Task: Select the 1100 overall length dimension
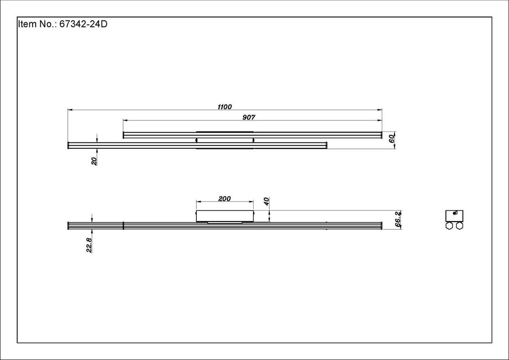coord(224,107)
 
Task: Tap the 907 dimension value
coord(249,117)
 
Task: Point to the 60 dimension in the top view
coord(392,138)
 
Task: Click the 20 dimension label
coord(94,160)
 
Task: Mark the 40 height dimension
coord(266,201)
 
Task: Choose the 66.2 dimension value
coord(398,220)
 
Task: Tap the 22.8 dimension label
coord(89,245)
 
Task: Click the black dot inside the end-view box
coord(455,213)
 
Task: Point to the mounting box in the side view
coord(224,216)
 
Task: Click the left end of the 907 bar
coord(123,135)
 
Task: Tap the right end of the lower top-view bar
coord(326,145)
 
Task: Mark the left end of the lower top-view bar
coord(69,145)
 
